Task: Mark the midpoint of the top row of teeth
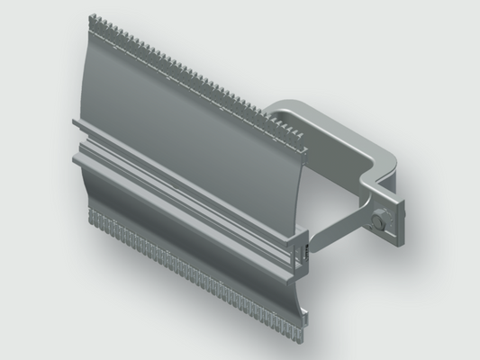point(198,82)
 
